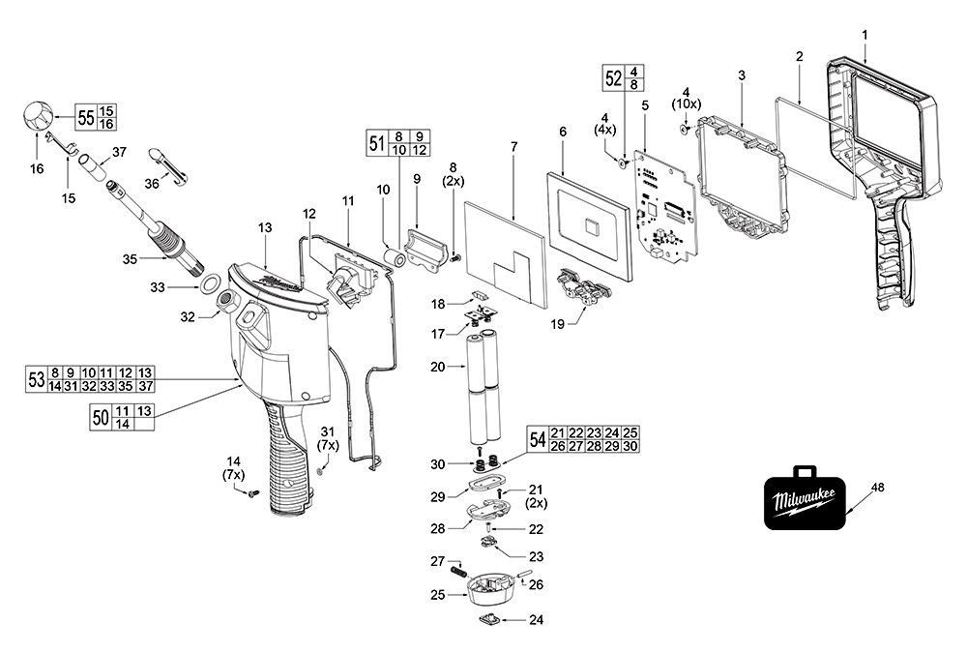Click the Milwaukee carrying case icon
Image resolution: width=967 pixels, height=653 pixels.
coord(804,501)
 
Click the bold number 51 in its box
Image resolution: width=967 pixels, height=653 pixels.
coord(377,143)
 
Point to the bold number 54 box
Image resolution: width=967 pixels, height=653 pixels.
coord(537,438)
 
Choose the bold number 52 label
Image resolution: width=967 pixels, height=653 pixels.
coord(613,78)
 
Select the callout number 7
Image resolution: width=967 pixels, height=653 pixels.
coord(513,146)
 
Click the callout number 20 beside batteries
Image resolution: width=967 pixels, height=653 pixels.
coord(437,368)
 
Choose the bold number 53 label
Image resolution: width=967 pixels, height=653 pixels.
coord(37,379)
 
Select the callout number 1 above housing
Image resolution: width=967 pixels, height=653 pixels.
coord(864,35)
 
